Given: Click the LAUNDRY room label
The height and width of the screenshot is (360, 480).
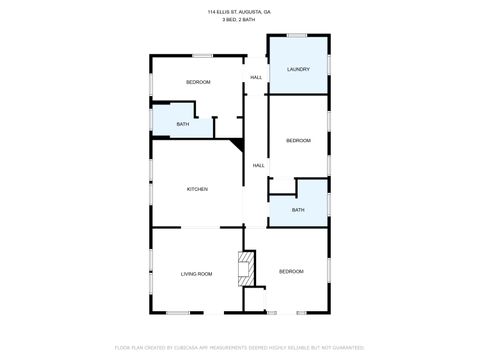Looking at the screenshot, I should tap(297, 69).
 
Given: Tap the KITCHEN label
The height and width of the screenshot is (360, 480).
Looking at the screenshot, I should tap(197, 189).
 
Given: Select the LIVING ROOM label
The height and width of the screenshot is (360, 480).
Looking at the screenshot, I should tap(196, 273).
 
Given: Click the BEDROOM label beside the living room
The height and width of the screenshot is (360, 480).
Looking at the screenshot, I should tap(291, 271).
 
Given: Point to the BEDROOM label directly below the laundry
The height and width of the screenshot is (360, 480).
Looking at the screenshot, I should tap(298, 141).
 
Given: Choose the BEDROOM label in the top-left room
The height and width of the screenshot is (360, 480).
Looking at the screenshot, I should tap(198, 82).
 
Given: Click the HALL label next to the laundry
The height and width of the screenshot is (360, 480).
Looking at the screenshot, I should tap(256, 78).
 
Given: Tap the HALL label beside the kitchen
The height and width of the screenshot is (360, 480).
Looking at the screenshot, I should tap(258, 165).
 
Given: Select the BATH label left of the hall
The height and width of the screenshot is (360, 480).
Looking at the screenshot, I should tap(183, 124).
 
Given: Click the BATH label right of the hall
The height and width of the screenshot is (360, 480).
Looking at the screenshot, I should tap(298, 210).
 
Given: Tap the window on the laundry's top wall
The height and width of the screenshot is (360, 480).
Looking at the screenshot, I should tap(297, 35).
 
